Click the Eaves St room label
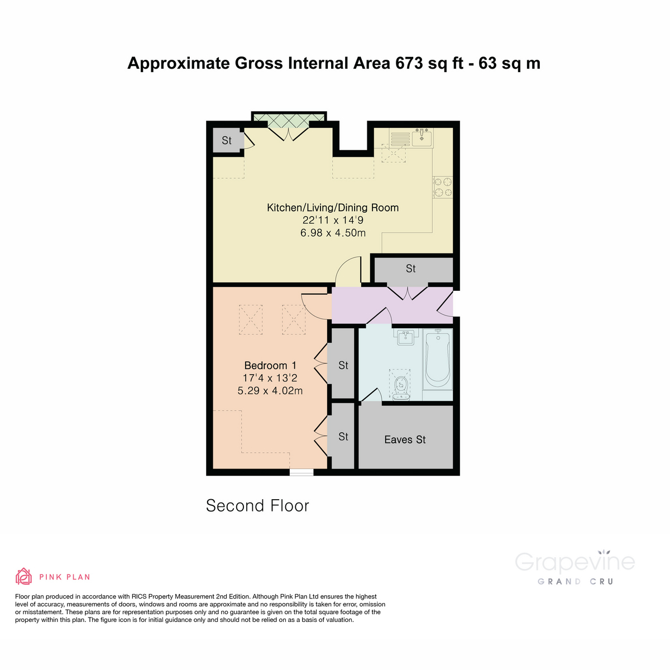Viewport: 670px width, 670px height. click(x=405, y=440)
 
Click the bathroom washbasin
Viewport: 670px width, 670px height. click(x=406, y=337)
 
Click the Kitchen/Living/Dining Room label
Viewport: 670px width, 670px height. click(x=333, y=208)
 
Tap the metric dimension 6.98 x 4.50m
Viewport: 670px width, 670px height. click(x=333, y=233)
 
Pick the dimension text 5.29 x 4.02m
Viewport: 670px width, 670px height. click(x=270, y=391)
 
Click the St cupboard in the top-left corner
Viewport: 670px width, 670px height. click(x=227, y=141)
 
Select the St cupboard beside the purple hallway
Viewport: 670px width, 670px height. click(x=411, y=269)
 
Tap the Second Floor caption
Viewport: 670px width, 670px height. click(x=257, y=506)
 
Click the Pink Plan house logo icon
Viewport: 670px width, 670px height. click(x=23, y=576)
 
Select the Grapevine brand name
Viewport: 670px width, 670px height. click(x=575, y=562)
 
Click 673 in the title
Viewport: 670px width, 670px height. click(x=409, y=63)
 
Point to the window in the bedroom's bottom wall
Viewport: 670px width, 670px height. click(x=301, y=472)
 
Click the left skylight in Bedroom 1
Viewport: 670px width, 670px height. click(x=251, y=319)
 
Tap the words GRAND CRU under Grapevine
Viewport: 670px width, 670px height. click(x=575, y=582)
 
